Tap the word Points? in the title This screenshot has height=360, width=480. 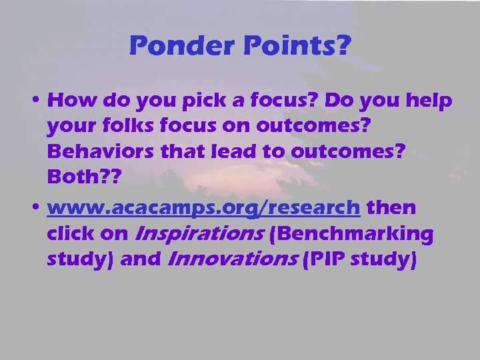click(x=292, y=47)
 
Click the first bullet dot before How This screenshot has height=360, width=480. click(x=39, y=102)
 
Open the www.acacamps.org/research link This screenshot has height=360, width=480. click(x=203, y=209)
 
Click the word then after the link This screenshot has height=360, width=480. click(x=391, y=208)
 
